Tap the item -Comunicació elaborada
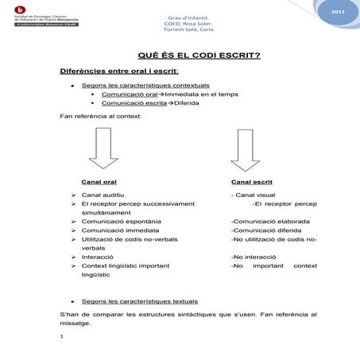pos(269,222)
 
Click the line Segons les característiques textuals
pos(140,302)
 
